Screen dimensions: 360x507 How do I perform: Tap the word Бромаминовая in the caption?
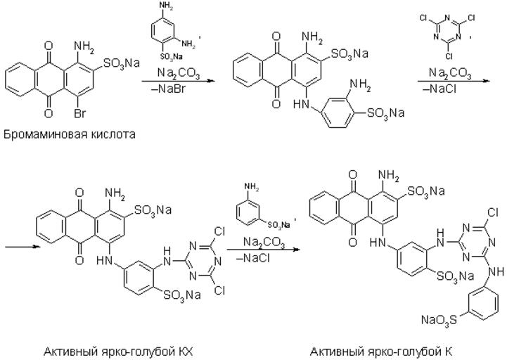coord(41,134)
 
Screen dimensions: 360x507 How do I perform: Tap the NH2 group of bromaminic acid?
coord(84,48)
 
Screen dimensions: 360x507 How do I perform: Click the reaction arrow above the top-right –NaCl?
coord(451,81)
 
